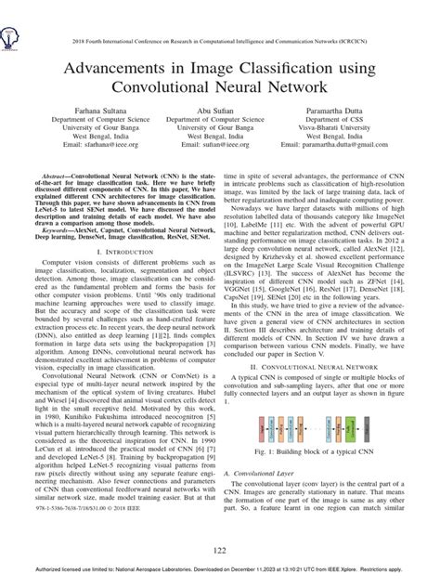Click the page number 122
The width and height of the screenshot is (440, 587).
tap(220, 552)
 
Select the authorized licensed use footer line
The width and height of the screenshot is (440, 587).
tap(220, 578)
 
